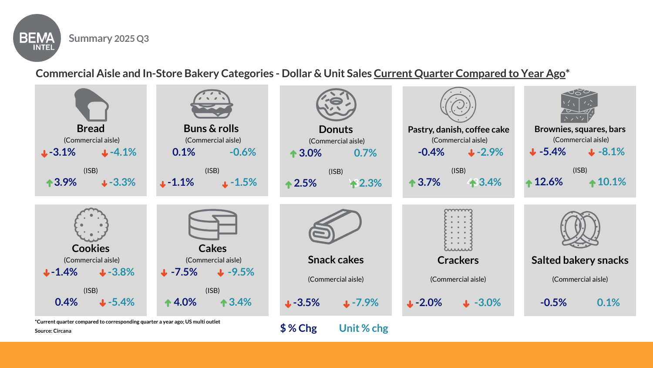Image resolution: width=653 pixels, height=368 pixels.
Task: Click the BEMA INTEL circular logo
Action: [37, 38]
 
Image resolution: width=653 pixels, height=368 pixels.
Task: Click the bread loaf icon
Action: [91, 105]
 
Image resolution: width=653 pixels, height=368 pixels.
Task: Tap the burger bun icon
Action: [212, 104]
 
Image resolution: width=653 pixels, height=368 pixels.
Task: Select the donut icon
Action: [336, 105]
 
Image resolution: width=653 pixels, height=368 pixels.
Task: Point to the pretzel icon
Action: [580, 229]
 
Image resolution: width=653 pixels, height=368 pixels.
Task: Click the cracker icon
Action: [458, 230]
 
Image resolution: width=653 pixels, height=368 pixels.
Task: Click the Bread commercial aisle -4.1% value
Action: [123, 152]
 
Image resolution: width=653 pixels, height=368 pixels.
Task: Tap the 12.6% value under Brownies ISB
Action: [548, 182]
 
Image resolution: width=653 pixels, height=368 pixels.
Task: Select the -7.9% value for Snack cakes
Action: [365, 303]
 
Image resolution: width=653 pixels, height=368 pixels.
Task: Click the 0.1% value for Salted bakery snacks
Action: [608, 303]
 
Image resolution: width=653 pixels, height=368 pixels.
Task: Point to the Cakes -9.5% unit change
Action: [241, 272]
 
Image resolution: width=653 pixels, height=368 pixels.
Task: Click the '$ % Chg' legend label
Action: [299, 328]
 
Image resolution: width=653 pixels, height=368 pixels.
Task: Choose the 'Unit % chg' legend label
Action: [364, 328]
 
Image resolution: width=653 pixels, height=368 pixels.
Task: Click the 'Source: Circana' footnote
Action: [53, 331]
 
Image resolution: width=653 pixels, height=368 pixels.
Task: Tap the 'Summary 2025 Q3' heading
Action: [109, 38]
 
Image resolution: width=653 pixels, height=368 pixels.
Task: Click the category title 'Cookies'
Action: [91, 249]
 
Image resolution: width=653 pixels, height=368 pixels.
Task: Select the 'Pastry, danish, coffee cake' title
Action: [458, 129]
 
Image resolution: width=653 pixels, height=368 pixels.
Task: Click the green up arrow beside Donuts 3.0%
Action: [293, 153]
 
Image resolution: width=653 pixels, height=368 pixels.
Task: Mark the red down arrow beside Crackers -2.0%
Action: [410, 304]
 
